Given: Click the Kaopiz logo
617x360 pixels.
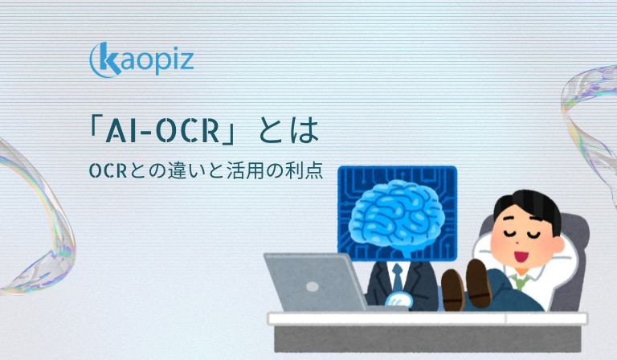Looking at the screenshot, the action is [141, 59].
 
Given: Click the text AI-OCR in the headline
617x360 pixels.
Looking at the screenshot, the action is [162, 131].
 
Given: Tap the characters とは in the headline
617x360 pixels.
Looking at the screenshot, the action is [288, 131].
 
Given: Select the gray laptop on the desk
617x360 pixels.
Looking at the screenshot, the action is [315, 282].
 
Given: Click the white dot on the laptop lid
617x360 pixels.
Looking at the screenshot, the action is [313, 286].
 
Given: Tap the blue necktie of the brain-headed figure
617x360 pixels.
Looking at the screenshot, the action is [398, 276].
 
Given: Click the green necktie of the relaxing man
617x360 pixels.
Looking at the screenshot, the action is [521, 281].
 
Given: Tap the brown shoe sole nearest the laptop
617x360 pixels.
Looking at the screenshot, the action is [452, 289].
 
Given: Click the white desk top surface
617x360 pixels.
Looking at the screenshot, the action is [427, 318].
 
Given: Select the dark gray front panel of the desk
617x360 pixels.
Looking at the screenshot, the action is [427, 338].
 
